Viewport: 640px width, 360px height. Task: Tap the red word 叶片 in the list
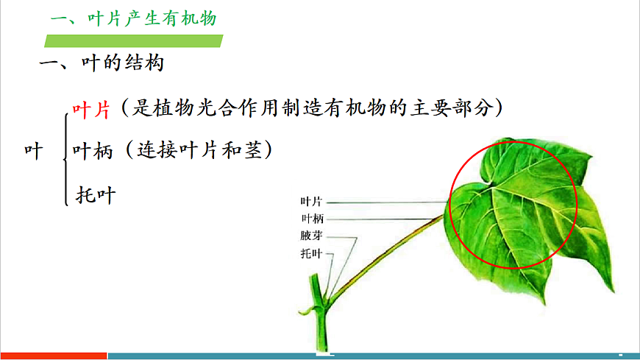coord(91,109)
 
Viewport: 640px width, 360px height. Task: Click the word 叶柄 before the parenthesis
coord(91,151)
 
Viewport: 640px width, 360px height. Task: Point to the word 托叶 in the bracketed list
coord(96,195)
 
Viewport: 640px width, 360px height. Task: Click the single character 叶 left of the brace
coord(32,151)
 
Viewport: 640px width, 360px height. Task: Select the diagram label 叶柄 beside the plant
coord(311,219)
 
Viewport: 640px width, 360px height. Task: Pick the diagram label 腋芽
coord(311,236)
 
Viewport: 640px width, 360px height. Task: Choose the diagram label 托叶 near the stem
coord(311,254)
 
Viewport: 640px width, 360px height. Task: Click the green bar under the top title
coord(133,41)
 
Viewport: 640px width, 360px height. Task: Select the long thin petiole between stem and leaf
coord(383,254)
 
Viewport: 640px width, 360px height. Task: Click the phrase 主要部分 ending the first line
coord(455,109)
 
